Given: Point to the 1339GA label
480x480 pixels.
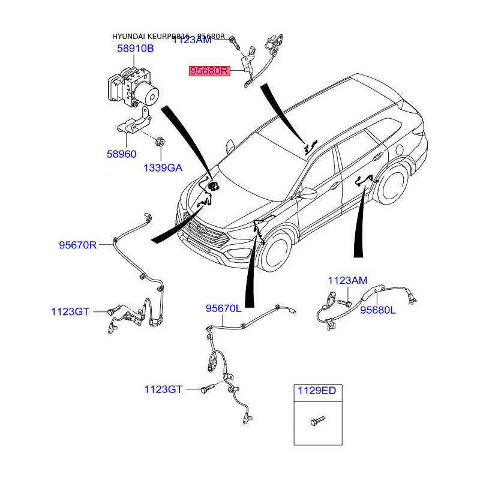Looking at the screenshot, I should (x=162, y=168).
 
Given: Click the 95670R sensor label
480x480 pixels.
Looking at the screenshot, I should (x=77, y=245).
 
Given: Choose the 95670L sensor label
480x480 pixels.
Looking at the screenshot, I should (x=223, y=308).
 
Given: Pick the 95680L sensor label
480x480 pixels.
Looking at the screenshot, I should (x=378, y=310).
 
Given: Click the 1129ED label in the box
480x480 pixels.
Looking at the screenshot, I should (x=317, y=391).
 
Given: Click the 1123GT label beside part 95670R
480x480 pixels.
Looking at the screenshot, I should (x=70, y=311).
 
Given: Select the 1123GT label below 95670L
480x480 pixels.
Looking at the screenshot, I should (x=163, y=389).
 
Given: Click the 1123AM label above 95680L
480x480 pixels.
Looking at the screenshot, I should (x=347, y=280).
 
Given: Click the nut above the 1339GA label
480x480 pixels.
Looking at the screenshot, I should (x=160, y=142).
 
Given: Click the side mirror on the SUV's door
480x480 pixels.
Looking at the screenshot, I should (x=308, y=193).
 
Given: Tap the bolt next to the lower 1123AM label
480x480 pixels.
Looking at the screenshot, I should (x=343, y=303).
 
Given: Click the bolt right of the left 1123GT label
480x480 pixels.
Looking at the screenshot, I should (x=113, y=311).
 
